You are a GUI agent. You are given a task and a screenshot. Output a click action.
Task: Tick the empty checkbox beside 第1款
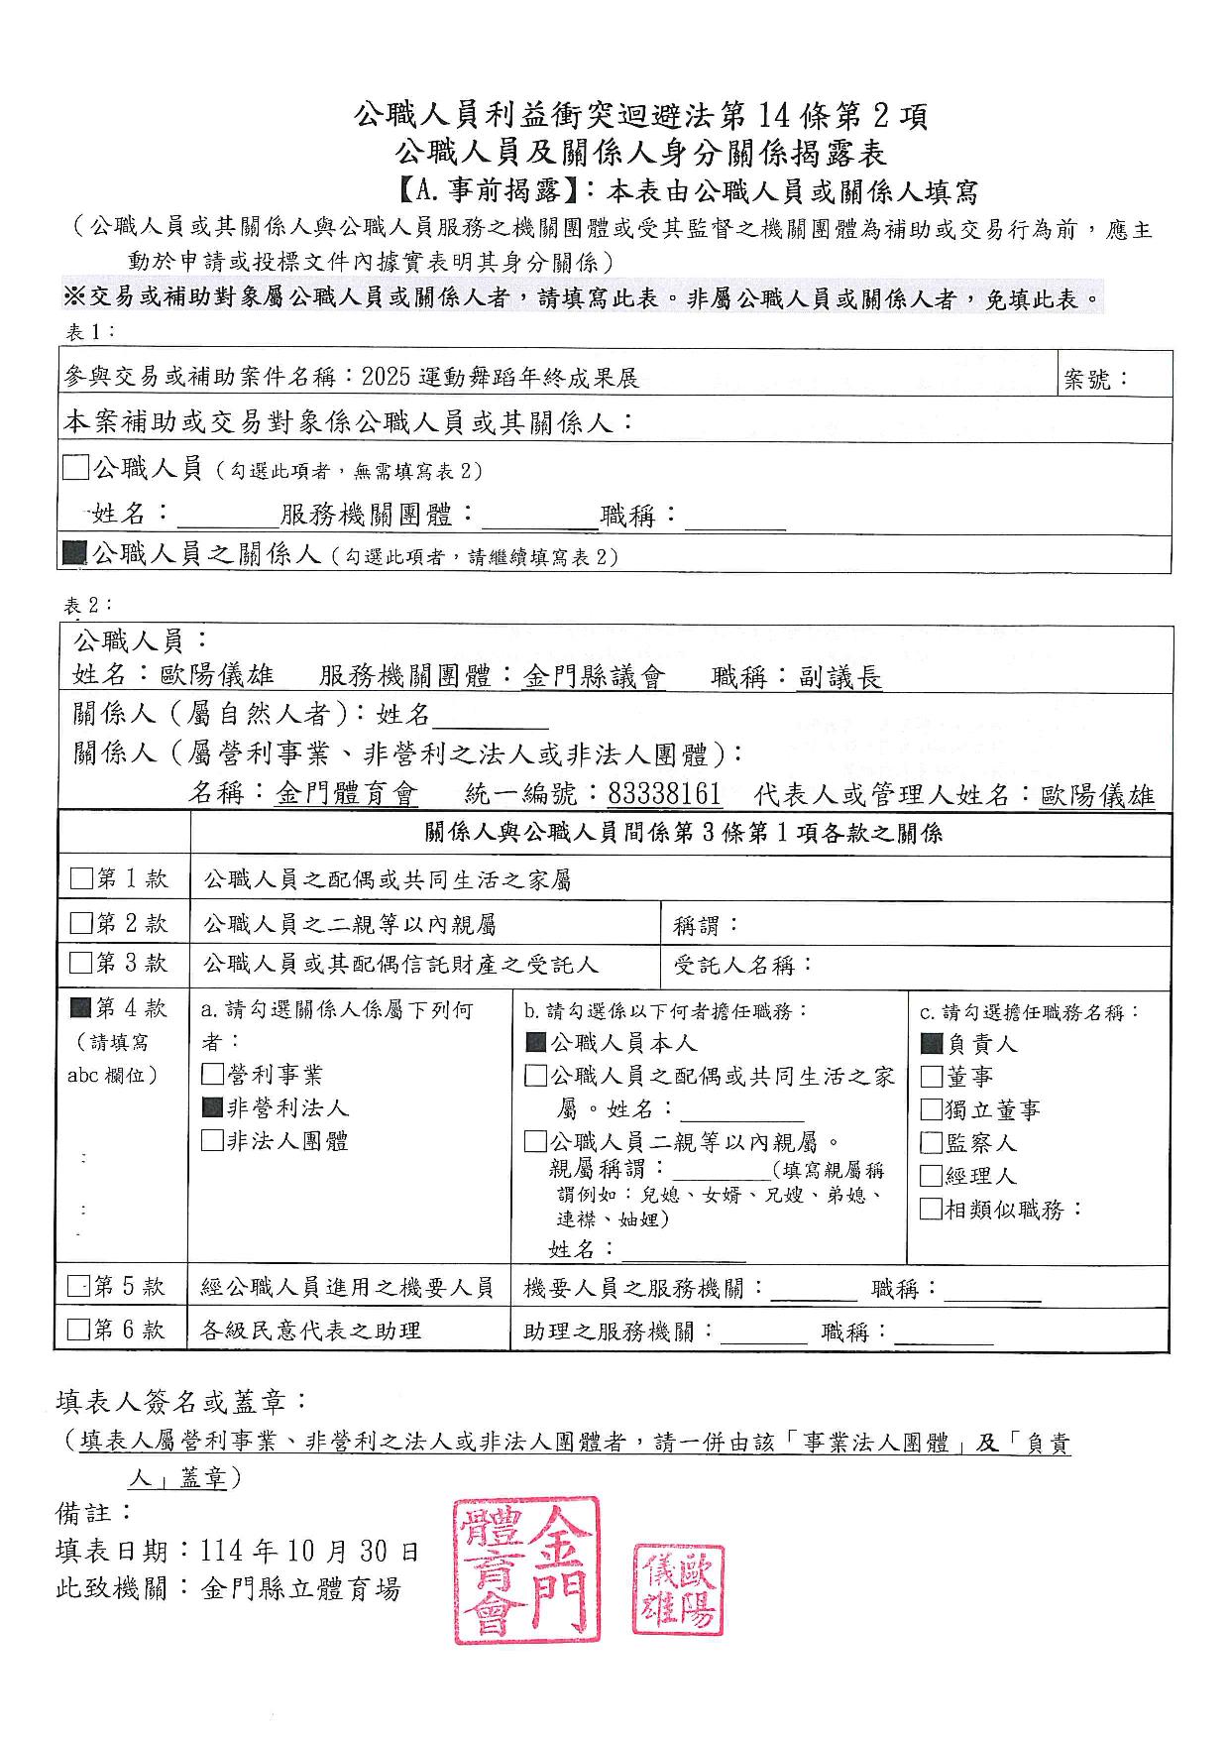pyautogui.click(x=81, y=878)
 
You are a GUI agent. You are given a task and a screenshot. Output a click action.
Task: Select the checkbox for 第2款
pyautogui.click(x=81, y=924)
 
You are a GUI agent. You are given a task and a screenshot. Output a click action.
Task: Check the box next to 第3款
pyautogui.click(x=81, y=963)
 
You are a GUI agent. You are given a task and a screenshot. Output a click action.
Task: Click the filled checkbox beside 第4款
pyautogui.click(x=81, y=1008)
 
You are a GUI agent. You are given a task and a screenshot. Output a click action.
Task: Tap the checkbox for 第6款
pyautogui.click(x=78, y=1330)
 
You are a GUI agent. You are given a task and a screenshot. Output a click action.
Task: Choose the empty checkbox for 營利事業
pyautogui.click(x=212, y=1075)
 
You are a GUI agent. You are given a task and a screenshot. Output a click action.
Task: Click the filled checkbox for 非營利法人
pyautogui.click(x=212, y=1107)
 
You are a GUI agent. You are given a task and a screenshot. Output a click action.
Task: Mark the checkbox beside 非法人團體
pyautogui.click(x=212, y=1141)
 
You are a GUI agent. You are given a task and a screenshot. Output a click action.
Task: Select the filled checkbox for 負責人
pyautogui.click(x=932, y=1043)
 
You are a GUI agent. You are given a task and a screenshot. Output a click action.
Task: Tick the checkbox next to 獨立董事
pyautogui.click(x=932, y=1109)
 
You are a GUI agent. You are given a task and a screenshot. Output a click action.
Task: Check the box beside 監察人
pyautogui.click(x=932, y=1143)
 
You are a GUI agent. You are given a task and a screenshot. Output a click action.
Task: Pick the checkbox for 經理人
pyautogui.click(x=932, y=1176)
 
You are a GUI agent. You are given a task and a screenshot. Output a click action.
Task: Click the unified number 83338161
pyautogui.click(x=664, y=795)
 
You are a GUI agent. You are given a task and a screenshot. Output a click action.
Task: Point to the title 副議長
pyautogui.click(x=839, y=678)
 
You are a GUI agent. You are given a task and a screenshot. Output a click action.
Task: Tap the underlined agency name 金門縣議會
pyautogui.click(x=595, y=678)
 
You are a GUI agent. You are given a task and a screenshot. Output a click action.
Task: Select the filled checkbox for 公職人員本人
pyautogui.click(x=535, y=1043)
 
